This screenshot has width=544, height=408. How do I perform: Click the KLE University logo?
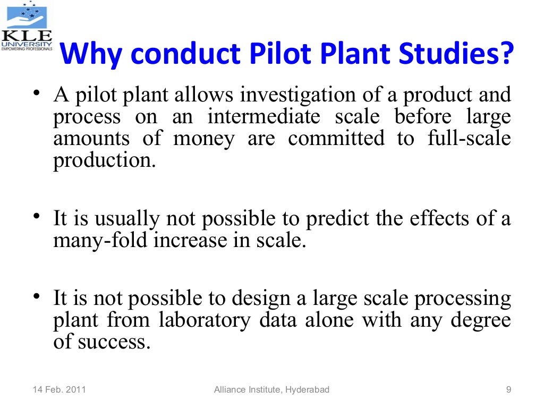pyautogui.click(x=27, y=27)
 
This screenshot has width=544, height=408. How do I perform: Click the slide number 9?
pyautogui.click(x=508, y=390)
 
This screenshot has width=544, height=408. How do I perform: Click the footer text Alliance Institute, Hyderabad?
pyautogui.click(x=271, y=390)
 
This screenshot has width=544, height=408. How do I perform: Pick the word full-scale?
pyautogui.click(x=469, y=139)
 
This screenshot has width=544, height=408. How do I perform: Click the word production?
pyautogui.click(x=104, y=161)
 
